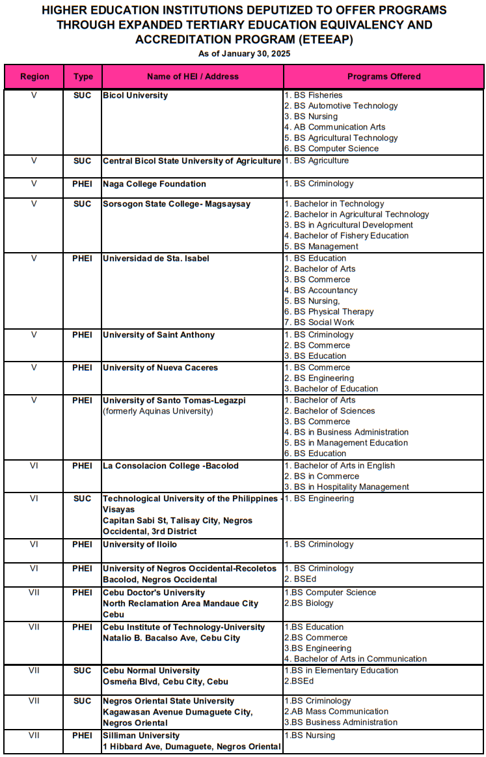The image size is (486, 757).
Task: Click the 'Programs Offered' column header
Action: click(384, 76)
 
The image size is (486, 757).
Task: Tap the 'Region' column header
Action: click(34, 76)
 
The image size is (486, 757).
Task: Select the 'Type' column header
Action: click(83, 76)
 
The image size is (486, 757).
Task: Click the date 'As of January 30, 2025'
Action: click(244, 53)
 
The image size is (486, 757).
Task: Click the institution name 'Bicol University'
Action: click(135, 95)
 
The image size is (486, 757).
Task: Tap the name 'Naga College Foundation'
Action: click(154, 184)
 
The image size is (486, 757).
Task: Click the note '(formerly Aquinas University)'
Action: click(158, 410)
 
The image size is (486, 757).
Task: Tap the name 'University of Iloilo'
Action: click(140, 544)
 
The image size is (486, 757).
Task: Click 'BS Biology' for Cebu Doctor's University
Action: click(309, 603)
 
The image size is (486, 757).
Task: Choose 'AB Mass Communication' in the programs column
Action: click(336, 711)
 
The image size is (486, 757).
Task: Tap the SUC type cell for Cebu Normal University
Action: click(83, 670)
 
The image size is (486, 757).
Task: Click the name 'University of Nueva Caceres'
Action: click(160, 367)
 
